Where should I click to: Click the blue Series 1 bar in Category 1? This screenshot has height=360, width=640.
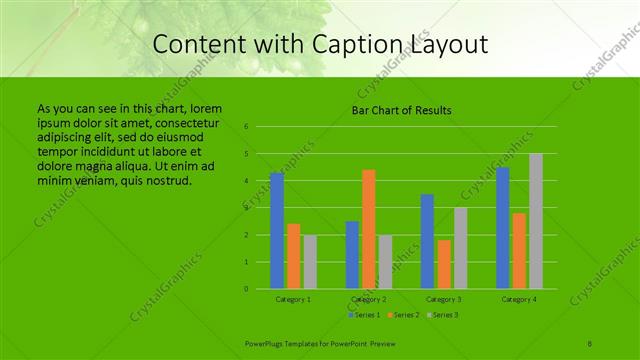[x=277, y=231]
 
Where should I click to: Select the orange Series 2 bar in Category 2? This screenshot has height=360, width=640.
[x=369, y=229]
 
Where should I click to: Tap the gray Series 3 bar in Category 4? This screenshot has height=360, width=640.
[x=536, y=221]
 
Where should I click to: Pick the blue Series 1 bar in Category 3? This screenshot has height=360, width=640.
[x=428, y=241]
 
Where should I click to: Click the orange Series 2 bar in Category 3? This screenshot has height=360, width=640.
[x=444, y=264]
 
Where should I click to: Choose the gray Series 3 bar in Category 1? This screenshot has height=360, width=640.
[x=310, y=262]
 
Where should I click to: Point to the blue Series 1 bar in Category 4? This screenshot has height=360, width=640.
[x=503, y=228]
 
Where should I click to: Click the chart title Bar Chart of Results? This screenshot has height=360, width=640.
[x=401, y=110]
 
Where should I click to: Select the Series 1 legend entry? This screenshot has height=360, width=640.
[x=365, y=315]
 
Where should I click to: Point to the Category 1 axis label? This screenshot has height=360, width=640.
[x=294, y=299]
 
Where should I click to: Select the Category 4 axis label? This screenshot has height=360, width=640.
[x=519, y=299]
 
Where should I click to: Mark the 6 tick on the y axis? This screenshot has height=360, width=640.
[x=246, y=127]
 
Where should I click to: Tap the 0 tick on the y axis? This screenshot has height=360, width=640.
[x=246, y=289]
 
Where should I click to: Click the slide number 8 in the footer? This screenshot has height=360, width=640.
[x=590, y=343]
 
